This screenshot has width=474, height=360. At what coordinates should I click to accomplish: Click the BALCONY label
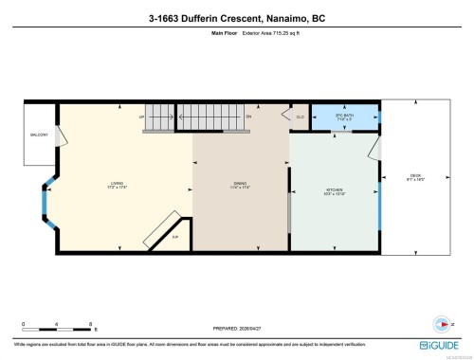tap(38, 135)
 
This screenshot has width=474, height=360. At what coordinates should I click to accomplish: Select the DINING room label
tap(241, 184)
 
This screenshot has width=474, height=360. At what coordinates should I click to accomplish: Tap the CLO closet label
tap(300, 116)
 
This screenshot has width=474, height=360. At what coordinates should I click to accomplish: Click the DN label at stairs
tap(248, 116)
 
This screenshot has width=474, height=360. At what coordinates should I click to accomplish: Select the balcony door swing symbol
tap(63, 137)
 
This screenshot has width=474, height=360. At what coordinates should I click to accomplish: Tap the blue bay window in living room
tap(43, 201)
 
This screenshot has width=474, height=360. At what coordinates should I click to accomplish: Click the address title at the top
tap(237, 16)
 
